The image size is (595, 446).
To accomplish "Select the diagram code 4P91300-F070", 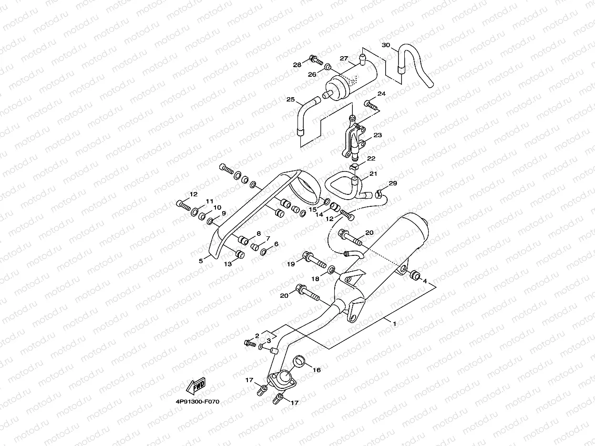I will [x=197, y=402].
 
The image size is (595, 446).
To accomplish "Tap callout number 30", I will [x=386, y=45].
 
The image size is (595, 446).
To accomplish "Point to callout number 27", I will [x=344, y=58].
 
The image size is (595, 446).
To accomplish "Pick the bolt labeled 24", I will [x=371, y=104].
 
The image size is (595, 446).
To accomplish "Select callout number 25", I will [x=290, y=100].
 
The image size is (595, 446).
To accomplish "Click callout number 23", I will [x=378, y=135].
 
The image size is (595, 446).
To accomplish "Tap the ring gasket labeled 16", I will [x=298, y=360].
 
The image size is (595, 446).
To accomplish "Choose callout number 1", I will [x=394, y=324].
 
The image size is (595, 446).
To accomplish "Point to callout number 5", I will [x=201, y=261].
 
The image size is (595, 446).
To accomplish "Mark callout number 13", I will [x=228, y=264].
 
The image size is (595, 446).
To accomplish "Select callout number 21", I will [x=373, y=174].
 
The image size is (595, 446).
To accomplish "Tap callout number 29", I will [x=392, y=183].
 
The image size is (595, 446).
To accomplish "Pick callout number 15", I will [x=313, y=209].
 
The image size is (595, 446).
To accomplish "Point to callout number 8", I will [x=259, y=233].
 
